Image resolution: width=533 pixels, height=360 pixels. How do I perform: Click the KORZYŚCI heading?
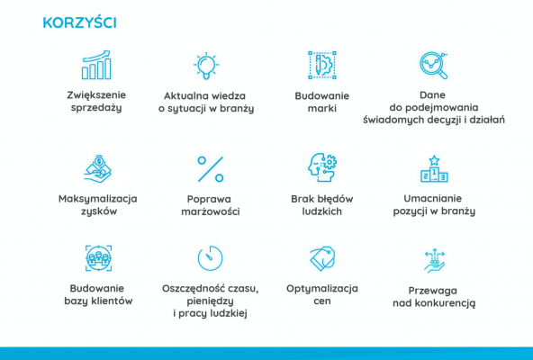[79, 22]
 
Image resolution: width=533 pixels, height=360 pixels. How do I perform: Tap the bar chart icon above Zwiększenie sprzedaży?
[96, 65]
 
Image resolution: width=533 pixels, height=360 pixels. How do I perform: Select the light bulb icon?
[207, 65]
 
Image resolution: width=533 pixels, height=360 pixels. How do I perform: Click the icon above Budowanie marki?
[321, 65]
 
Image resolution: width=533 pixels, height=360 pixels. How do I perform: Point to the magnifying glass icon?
[434, 65]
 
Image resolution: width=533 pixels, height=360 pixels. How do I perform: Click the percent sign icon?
[210, 168]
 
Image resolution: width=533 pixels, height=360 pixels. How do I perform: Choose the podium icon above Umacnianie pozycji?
[434, 168]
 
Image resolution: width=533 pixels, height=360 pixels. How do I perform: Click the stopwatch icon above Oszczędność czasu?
[210, 258]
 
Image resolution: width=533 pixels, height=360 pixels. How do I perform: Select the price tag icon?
[321, 258]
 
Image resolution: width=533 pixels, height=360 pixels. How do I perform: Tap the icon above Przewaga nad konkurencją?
[434, 259]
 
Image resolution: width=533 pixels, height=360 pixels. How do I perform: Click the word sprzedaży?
[98, 107]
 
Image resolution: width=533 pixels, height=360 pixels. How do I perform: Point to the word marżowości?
[210, 211]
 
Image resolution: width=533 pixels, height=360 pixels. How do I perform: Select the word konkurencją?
[434, 304]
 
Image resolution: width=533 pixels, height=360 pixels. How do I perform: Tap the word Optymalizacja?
[321, 288]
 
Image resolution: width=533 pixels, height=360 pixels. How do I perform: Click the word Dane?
[434, 94]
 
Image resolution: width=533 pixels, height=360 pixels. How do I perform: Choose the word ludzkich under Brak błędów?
[321, 211]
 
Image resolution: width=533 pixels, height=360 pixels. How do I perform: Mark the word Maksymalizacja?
[98, 198]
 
